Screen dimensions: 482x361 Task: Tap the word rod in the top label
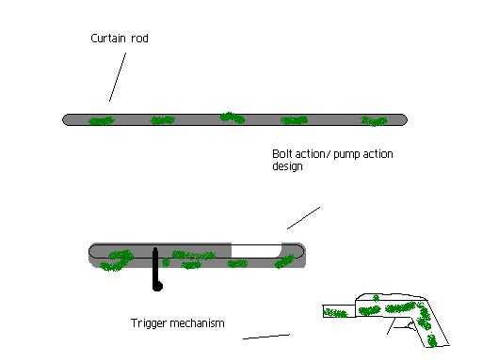click(x=139, y=39)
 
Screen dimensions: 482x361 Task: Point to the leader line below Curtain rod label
click(x=118, y=77)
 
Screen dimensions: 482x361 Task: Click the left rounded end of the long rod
click(x=66, y=119)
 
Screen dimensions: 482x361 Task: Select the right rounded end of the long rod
click(x=404, y=119)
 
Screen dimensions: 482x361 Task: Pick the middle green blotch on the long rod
click(x=233, y=118)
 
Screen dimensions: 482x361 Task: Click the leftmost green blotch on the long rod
click(x=102, y=120)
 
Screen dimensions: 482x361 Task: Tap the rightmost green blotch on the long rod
click(x=374, y=121)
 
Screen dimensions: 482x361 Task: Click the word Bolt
click(x=282, y=154)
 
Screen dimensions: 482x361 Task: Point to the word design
click(x=287, y=166)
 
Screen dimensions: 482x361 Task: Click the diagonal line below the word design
click(x=303, y=218)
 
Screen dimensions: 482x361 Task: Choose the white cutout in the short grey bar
click(x=256, y=251)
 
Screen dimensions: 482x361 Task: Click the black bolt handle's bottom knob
click(x=157, y=286)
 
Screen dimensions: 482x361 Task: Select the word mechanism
click(x=197, y=323)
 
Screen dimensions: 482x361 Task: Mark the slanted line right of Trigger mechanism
click(x=266, y=337)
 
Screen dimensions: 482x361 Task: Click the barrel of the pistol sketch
click(x=339, y=311)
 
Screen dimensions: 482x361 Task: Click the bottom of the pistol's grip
click(x=438, y=346)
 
